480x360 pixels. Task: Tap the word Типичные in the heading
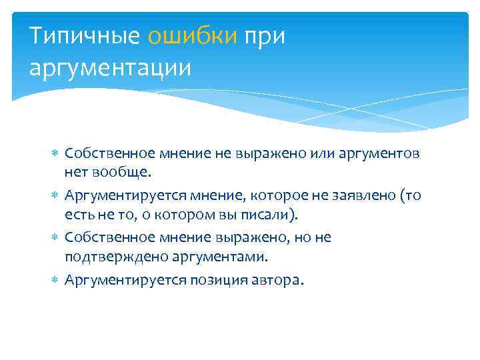point(85,37)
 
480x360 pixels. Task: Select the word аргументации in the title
point(110,67)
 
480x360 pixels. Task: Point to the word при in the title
point(265,37)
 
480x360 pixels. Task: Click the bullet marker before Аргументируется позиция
point(55,279)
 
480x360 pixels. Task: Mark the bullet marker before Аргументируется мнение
point(55,196)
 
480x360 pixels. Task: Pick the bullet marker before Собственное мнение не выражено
point(55,153)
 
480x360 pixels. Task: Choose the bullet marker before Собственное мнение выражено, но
point(55,237)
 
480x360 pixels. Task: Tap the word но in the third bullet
point(301,237)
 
